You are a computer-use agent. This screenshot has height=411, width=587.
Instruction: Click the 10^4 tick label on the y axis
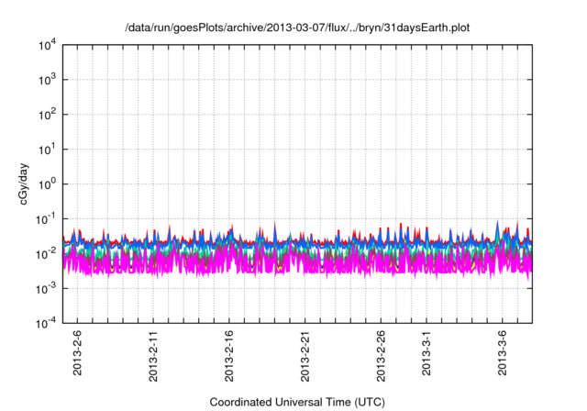click(x=47, y=44)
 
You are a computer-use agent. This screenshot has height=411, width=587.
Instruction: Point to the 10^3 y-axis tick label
click(x=47, y=79)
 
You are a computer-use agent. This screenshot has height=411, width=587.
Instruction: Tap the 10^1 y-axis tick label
click(x=47, y=149)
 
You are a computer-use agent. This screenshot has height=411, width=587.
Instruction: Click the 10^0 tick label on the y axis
click(x=47, y=183)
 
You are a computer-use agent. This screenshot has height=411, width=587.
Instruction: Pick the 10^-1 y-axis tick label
click(x=46, y=218)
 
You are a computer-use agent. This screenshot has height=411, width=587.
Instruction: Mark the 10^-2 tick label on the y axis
click(x=46, y=253)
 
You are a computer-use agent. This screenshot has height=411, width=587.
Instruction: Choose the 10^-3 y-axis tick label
click(x=46, y=288)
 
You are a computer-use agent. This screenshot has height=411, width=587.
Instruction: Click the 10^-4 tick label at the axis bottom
click(x=46, y=323)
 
